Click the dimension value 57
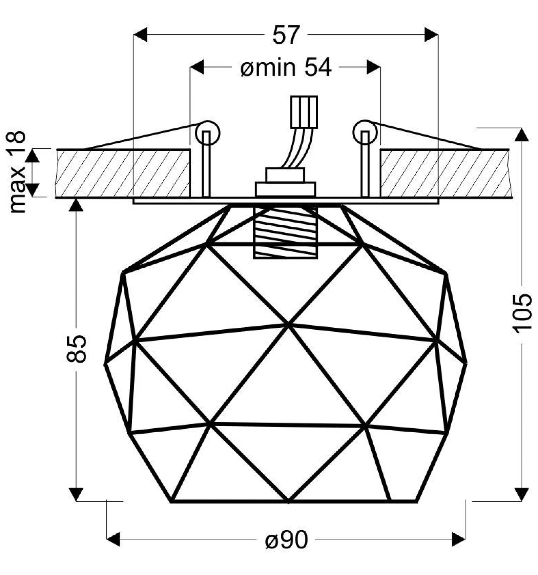coord(285,35)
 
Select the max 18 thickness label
coord(17,172)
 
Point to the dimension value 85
coord(77,349)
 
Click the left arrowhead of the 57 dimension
coord(141,35)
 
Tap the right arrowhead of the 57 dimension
coord(431,35)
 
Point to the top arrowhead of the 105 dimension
coord(522,134)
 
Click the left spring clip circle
coord(207,133)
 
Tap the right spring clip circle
coord(365,132)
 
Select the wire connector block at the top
coord(304,112)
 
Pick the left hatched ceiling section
coord(123,173)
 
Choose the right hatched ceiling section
coord(446,173)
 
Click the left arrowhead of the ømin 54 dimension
coord(197,67)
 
